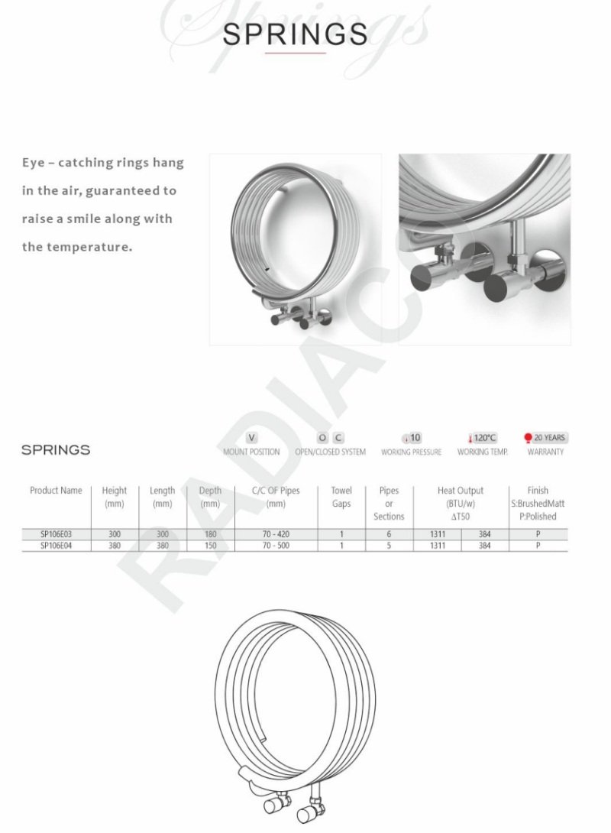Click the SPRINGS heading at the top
[296, 34]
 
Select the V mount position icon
[251, 438]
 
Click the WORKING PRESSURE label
[411, 452]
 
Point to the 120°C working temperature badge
[482, 438]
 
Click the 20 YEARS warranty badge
[545, 438]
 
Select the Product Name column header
[56, 491]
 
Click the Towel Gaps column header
[341, 497]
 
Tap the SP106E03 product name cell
[56, 534]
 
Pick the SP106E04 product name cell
[56, 546]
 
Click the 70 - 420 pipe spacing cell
[276, 534]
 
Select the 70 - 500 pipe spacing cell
[276, 546]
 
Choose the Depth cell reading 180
[210, 534]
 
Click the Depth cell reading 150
[210, 546]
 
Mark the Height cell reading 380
[115, 546]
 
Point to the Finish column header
[538, 503]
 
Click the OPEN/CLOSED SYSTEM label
[330, 452]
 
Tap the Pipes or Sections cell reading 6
[389, 534]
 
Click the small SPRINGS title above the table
[56, 449]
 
